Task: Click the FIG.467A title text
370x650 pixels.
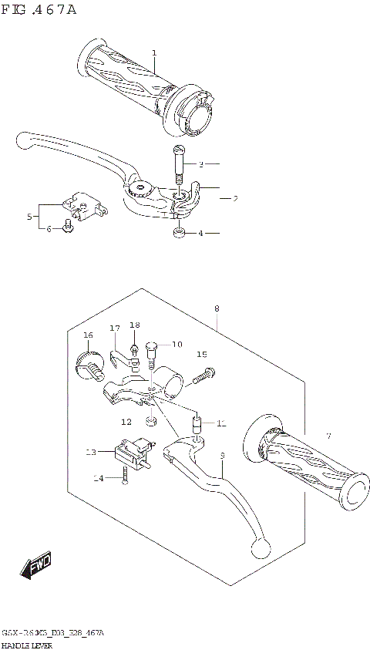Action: click(39, 10)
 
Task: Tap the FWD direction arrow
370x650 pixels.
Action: click(36, 568)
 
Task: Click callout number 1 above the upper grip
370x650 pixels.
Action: click(154, 53)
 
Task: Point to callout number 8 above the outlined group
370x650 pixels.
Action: click(217, 308)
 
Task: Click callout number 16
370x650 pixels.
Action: click(88, 335)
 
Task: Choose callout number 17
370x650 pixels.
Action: click(115, 328)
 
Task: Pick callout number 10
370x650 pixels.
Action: click(177, 344)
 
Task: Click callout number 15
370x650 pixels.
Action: click(202, 355)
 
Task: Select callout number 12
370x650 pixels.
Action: click(125, 422)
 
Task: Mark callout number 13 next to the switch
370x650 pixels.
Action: click(90, 453)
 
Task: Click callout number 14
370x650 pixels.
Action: click(98, 479)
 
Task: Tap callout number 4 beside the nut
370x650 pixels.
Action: click(200, 233)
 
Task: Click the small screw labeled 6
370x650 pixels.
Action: click(69, 226)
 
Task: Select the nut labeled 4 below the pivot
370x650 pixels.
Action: click(177, 232)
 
